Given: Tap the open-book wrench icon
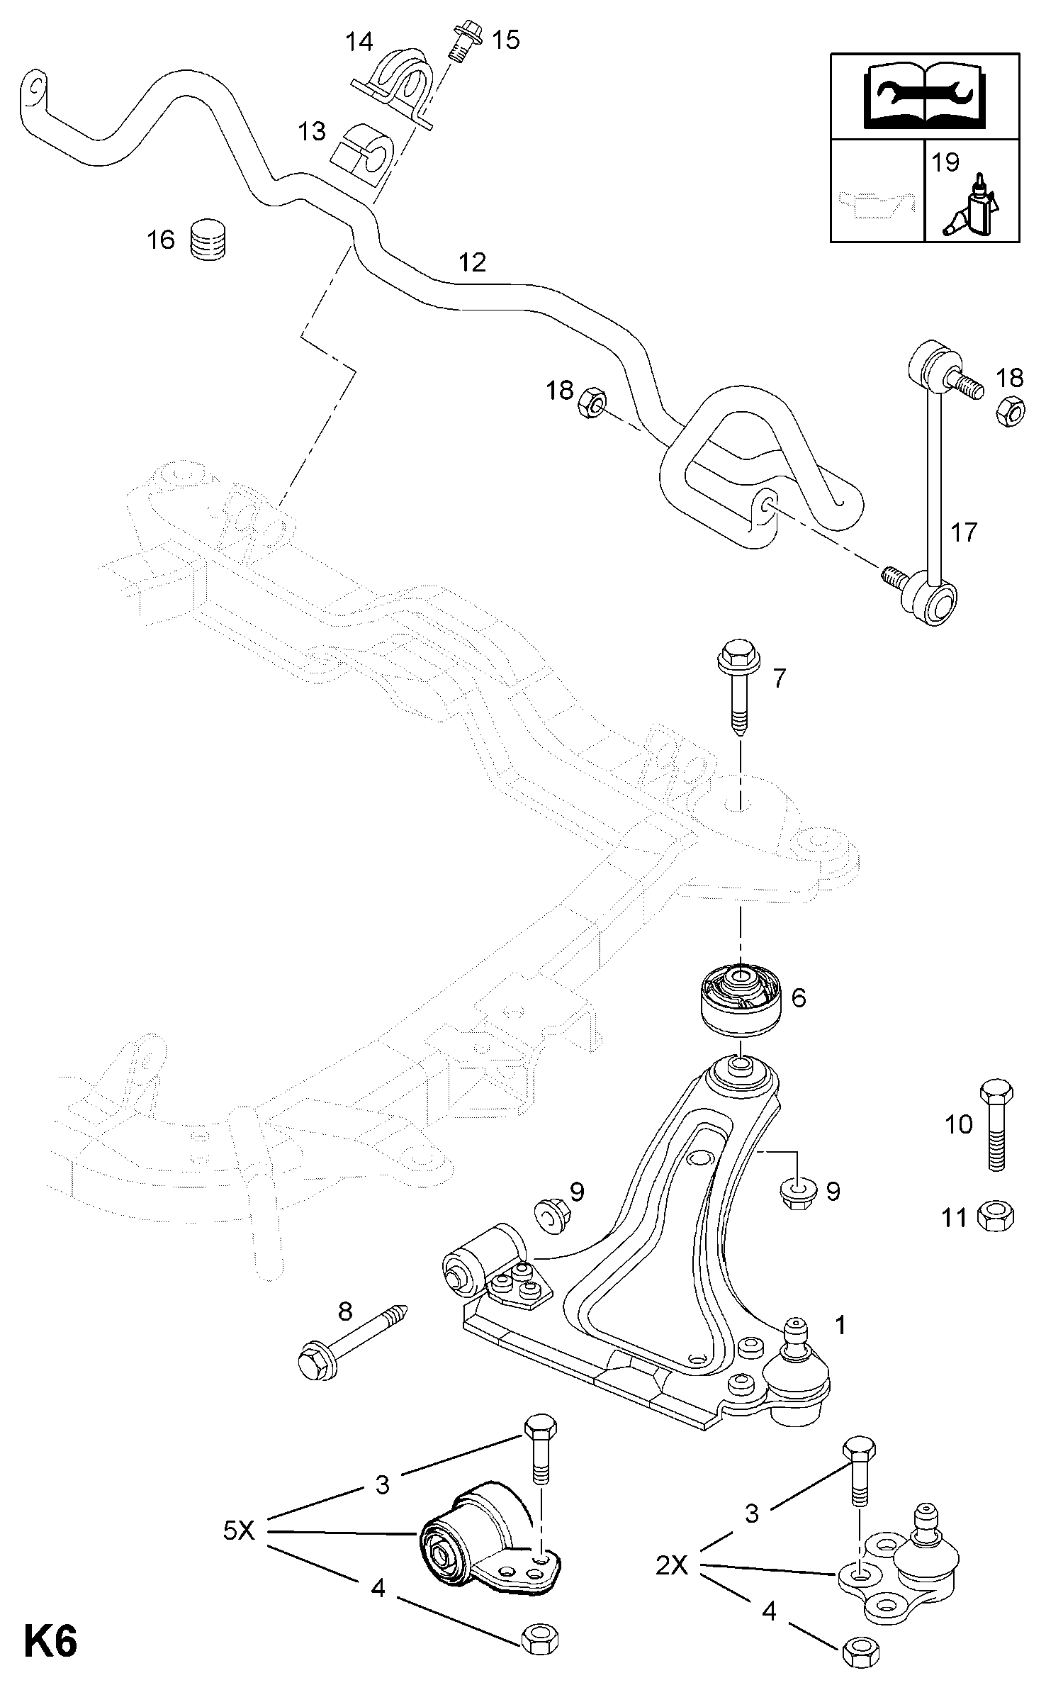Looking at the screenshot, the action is tap(925, 96).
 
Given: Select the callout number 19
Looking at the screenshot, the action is tap(945, 162).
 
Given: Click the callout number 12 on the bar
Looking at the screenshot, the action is tap(473, 263).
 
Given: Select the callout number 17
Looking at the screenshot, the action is tap(964, 532).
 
